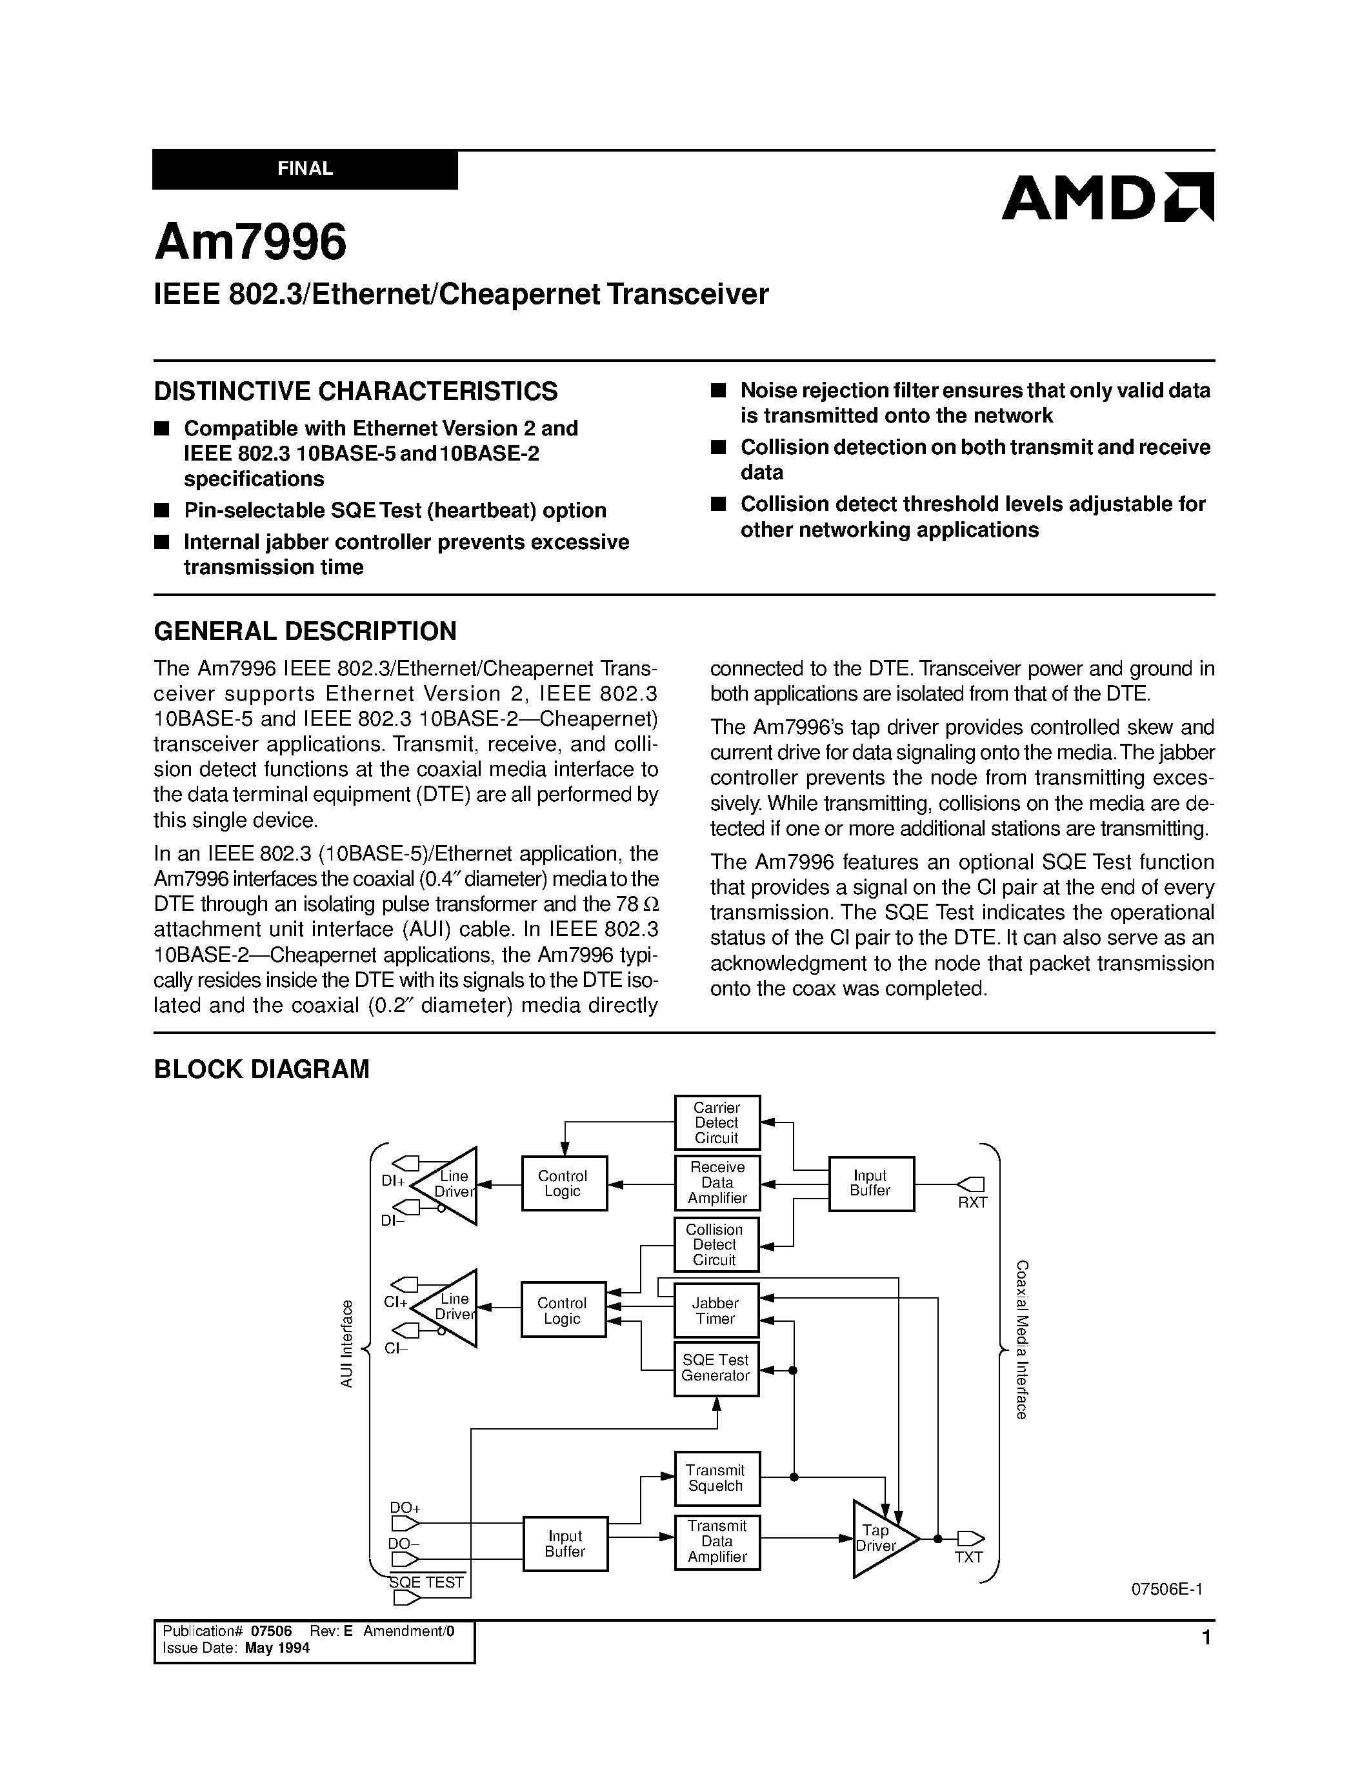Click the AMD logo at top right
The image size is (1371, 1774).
[x=1107, y=197]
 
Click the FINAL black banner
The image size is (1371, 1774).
[x=305, y=169]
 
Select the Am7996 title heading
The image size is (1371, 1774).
[x=250, y=242]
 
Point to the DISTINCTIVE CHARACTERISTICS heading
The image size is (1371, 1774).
[x=355, y=392]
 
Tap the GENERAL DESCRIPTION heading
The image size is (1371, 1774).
[x=305, y=630]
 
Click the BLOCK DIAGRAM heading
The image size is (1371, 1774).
[x=261, y=1069]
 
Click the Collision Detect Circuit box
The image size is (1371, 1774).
[x=715, y=1244]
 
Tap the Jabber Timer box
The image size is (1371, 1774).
[x=716, y=1311]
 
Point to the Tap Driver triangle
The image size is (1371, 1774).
[x=878, y=1539]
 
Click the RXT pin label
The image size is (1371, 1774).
[x=972, y=1203]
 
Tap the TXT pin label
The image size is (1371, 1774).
[x=968, y=1557]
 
